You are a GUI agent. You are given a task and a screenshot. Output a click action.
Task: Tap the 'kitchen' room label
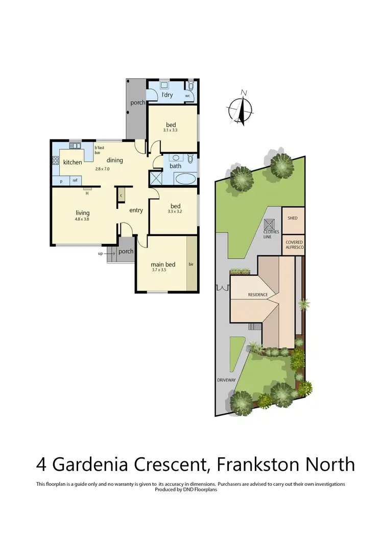point(73,162)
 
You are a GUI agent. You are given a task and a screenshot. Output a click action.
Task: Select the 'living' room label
point(83,213)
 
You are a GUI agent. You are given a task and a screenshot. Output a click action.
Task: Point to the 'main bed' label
point(163,264)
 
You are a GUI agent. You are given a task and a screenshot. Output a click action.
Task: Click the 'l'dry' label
point(166,96)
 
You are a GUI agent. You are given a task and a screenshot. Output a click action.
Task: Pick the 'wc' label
point(188,96)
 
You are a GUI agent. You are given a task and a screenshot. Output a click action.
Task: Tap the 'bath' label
point(176,166)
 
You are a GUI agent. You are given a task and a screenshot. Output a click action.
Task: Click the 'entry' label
point(136,210)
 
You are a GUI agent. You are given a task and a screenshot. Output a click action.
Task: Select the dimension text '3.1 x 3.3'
point(171,131)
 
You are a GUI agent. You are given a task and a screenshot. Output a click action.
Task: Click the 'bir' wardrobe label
point(192,265)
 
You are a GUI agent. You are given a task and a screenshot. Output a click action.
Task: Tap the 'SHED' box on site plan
point(293,218)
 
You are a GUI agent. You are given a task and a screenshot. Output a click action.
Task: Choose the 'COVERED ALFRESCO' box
point(295,244)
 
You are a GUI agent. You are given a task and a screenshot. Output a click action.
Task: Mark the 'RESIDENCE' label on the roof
point(258,295)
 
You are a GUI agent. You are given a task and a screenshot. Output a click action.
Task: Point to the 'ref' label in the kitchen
point(75,180)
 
